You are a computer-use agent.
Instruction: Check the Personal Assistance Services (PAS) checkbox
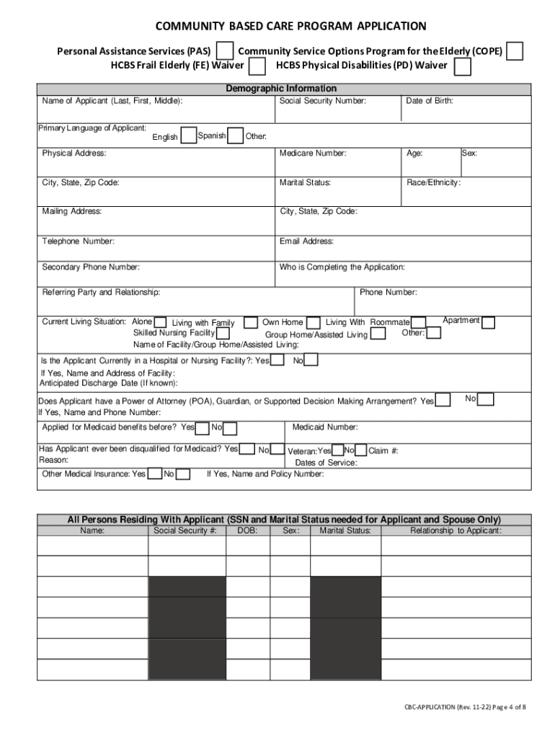coord(226,51)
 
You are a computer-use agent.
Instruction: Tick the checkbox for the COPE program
coord(515,51)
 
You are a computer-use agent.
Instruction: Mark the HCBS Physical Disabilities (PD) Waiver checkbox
coord(462,67)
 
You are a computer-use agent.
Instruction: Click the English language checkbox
coord(189,136)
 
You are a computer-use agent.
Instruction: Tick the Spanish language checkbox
coord(235,136)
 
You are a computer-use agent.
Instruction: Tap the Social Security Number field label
coord(323,101)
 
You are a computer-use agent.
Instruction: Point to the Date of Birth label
coord(430,101)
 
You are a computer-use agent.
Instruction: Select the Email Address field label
coord(306,241)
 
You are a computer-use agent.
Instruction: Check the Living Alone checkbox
coord(161,322)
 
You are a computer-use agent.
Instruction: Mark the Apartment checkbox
coord(488,322)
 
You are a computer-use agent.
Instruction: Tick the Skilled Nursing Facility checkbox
coord(223,334)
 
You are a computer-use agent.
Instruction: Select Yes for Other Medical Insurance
coord(154,474)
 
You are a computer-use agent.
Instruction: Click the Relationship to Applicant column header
coord(456,530)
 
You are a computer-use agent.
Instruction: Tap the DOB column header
coord(247,530)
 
